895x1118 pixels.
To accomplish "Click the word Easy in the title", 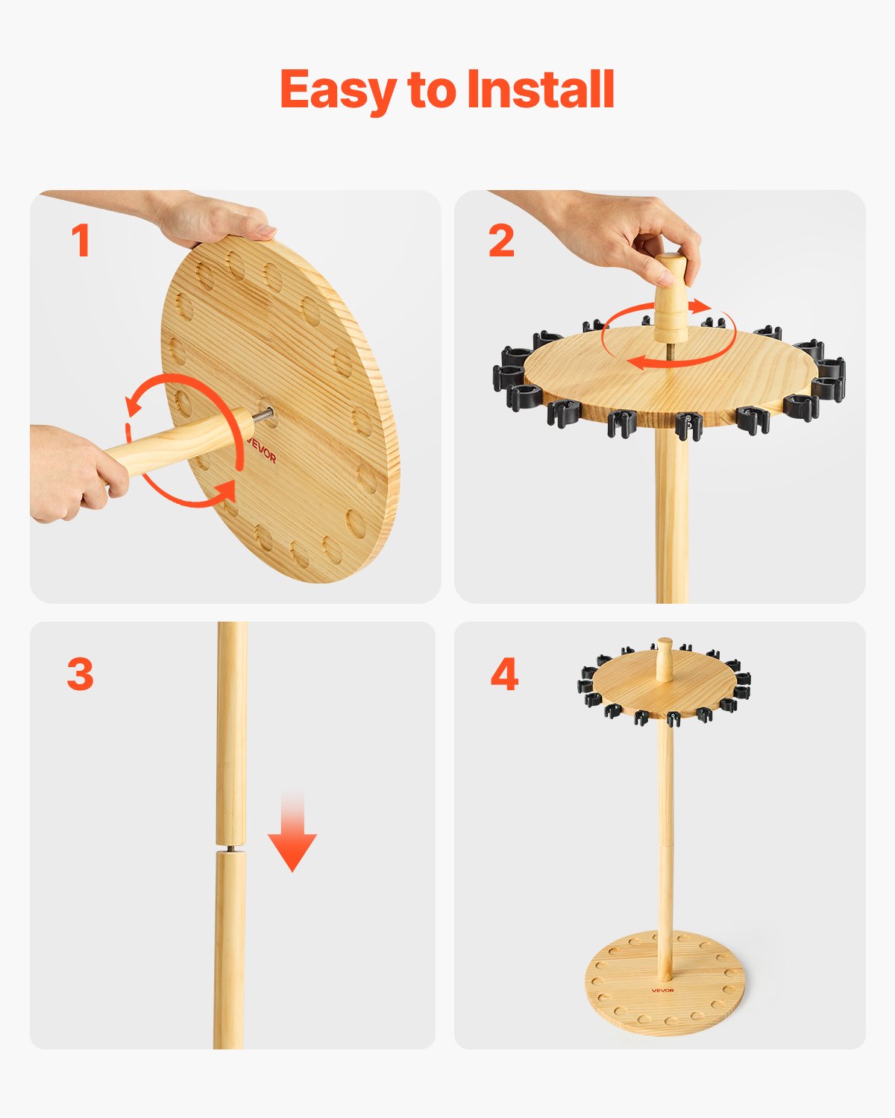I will point(339,90).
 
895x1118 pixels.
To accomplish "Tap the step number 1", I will point(81,241).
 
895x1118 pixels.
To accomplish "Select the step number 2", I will point(501,241).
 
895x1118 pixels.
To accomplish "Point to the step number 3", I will point(81,674).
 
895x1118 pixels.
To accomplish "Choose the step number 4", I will point(504,675).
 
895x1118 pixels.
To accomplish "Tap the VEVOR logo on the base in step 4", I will point(662,990).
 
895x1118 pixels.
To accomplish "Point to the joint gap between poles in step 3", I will point(230,848).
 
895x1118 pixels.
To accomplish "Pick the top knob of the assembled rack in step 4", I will point(664,656).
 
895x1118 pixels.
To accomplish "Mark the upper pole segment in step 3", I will point(232,730).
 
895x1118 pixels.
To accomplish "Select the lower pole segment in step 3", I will point(229,954).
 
